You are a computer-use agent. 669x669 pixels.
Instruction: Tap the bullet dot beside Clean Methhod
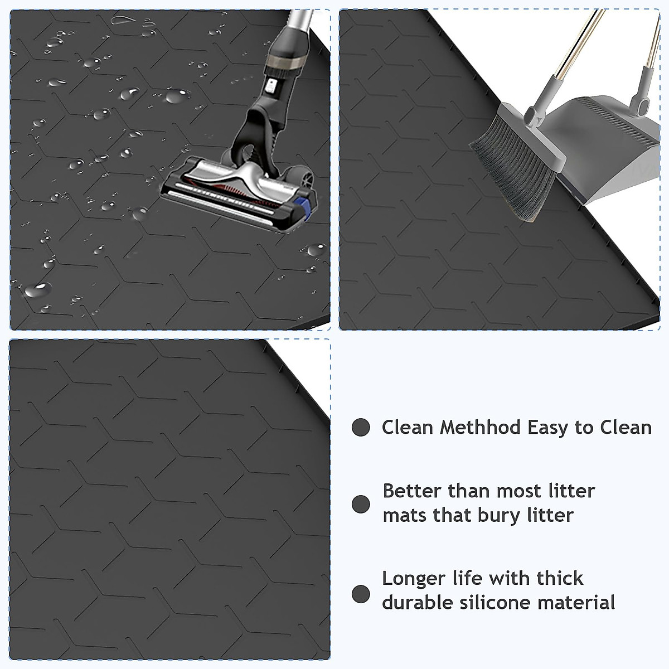point(361,428)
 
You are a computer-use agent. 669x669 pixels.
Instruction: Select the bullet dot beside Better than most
point(361,504)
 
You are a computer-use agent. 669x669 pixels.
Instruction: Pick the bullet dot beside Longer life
point(361,593)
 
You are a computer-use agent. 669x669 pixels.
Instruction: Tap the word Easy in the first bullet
point(549,428)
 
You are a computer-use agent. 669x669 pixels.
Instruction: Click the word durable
point(417,603)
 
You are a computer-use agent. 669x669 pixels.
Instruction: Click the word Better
point(412,491)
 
